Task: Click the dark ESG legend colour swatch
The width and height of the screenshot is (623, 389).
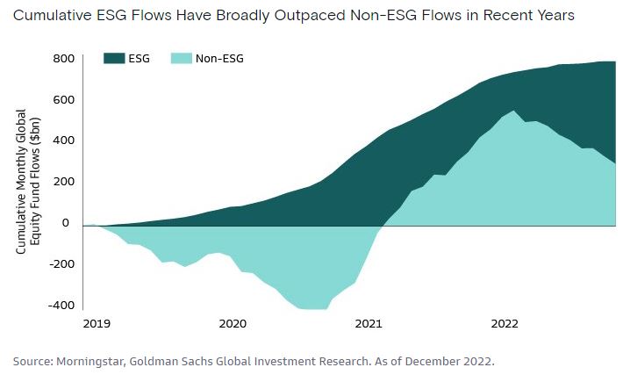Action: [114, 59]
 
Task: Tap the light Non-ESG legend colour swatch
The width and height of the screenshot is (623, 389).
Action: [181, 59]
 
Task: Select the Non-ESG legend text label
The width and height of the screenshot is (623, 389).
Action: [219, 59]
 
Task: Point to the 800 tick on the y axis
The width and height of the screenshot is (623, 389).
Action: [63, 59]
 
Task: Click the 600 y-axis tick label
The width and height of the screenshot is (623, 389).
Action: [63, 100]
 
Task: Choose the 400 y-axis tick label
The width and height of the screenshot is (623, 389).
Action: [63, 140]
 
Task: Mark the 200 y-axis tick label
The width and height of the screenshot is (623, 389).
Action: [63, 182]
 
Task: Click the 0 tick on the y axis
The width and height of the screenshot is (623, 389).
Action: [66, 223]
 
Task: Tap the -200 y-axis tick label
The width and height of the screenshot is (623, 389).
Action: [61, 264]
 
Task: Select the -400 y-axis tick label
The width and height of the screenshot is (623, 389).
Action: [61, 306]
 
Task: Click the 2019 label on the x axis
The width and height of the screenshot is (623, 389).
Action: [97, 324]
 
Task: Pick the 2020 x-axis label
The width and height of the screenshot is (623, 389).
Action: [233, 324]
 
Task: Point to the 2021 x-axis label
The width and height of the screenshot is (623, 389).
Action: [369, 324]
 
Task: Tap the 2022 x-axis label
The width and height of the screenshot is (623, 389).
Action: [505, 324]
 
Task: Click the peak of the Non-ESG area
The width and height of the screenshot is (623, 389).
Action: [513, 111]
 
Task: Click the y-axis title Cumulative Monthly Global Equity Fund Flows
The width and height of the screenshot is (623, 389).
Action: [28, 182]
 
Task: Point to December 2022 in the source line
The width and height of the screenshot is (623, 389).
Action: [450, 362]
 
